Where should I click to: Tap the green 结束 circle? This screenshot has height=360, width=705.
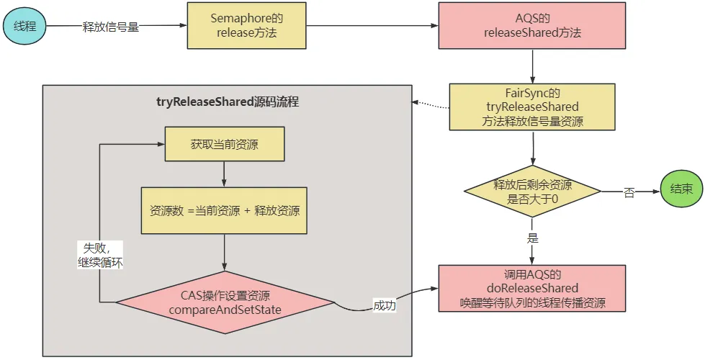tap(681, 190)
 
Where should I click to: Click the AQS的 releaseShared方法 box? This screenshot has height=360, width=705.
tap(532, 26)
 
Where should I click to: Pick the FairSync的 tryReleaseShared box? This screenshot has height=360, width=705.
tap(532, 107)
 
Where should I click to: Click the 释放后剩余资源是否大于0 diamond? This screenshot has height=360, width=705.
tap(532, 191)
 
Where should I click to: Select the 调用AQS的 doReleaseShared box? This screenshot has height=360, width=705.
tap(532, 289)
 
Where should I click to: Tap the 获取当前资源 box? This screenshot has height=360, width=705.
tap(225, 145)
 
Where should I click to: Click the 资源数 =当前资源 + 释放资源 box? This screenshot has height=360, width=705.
tap(225, 210)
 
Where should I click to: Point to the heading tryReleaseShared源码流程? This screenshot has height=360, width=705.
tap(228, 102)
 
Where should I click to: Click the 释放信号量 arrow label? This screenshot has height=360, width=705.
tap(110, 28)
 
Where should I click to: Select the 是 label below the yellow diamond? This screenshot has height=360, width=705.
tap(533, 238)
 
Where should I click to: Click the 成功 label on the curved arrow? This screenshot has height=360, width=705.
tap(383, 305)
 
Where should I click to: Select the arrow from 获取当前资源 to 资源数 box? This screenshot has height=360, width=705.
tap(225, 174)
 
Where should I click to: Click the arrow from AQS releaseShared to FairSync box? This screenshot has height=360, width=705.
tap(532, 67)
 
